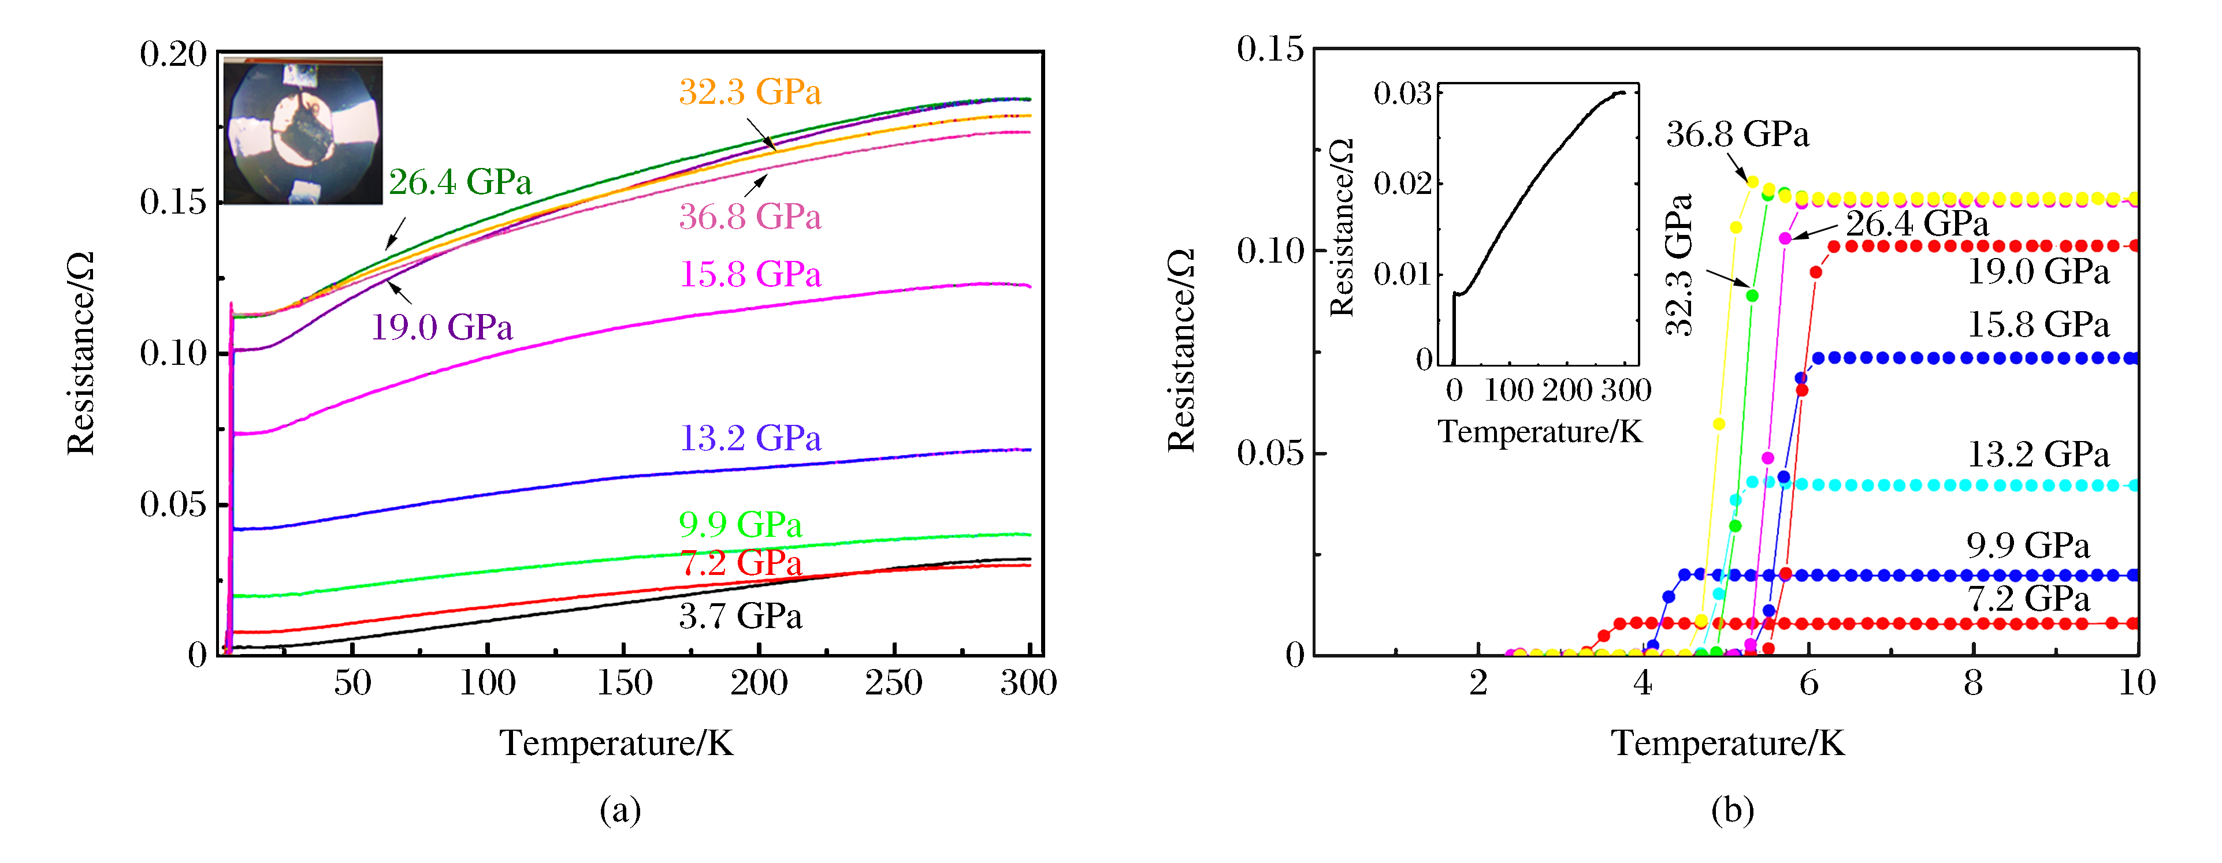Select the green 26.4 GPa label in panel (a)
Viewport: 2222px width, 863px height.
[x=460, y=182]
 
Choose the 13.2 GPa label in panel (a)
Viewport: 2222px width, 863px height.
[x=749, y=438]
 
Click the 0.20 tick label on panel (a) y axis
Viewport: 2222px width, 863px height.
[x=173, y=54]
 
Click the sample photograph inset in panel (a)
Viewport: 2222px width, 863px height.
[x=302, y=131]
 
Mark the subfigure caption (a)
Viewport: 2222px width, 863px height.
[x=620, y=810]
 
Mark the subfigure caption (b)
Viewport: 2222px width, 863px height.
[x=1732, y=810]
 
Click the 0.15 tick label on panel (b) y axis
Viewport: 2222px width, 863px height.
[x=1270, y=49]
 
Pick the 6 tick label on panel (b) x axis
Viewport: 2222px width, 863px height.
[x=1808, y=683]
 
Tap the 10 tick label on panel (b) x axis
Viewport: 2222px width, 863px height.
[x=2136, y=683]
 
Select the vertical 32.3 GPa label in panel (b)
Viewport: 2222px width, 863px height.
[x=1678, y=265]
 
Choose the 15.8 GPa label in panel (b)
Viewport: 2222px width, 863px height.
[x=2037, y=325]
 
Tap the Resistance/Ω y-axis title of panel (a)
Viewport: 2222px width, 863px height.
[x=80, y=353]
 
